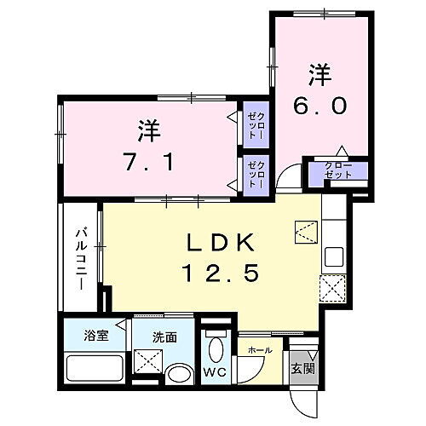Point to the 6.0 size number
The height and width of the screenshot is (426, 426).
click(x=319, y=105)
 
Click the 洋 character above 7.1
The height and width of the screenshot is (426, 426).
click(x=148, y=131)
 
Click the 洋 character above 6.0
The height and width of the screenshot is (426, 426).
click(x=319, y=76)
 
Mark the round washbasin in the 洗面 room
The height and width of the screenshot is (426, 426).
click(x=180, y=374)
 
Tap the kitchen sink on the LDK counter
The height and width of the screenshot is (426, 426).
click(x=334, y=256)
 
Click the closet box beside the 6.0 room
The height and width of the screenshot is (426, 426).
click(x=339, y=170)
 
